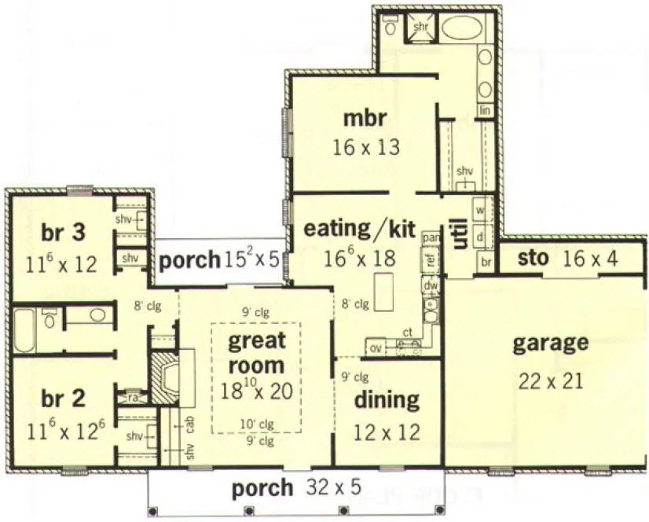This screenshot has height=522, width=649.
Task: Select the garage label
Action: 550,343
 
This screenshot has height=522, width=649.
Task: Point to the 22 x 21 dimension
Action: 550,381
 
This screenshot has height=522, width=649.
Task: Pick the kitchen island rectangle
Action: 383,292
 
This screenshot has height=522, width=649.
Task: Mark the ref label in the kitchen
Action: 431,259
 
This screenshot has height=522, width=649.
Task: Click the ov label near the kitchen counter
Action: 375,347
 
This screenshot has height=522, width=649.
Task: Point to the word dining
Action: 386,400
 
